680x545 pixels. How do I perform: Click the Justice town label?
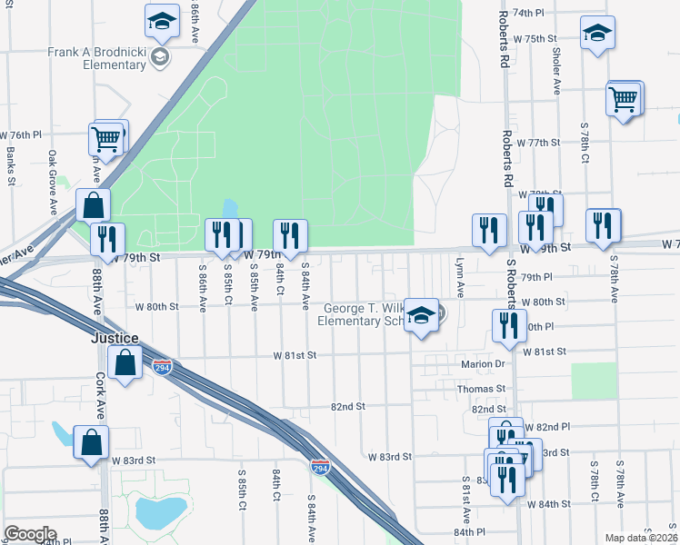115,338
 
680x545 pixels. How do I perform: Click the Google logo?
30,534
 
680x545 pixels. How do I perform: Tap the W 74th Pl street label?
527,13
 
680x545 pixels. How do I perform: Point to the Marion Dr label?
482,364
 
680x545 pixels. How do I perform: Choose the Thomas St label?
482,388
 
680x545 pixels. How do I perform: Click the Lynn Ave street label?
460,277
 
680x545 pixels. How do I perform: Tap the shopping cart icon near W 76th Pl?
106,140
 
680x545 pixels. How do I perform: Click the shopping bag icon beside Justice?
124,364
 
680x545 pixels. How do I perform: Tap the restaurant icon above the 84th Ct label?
290,235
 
